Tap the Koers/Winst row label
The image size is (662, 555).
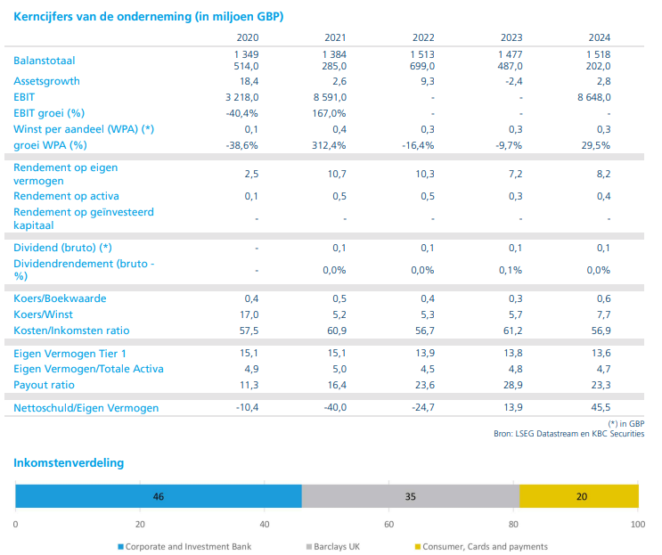pyautogui.click(x=44, y=314)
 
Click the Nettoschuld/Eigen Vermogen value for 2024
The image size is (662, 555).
pyautogui.click(x=600, y=408)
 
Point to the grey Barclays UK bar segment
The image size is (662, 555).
pyautogui.click(x=410, y=496)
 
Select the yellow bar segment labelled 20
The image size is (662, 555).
pyautogui.click(x=580, y=496)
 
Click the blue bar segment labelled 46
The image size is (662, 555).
pyautogui.click(x=159, y=496)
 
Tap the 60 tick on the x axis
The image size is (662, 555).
pyautogui.click(x=388, y=524)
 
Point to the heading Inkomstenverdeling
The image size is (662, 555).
pyautogui.click(x=69, y=463)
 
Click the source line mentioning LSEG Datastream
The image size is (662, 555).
pyautogui.click(x=568, y=433)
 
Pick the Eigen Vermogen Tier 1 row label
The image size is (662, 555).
pyautogui.click(x=69, y=354)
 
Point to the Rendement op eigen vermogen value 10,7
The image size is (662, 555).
pyautogui.click(x=336, y=174)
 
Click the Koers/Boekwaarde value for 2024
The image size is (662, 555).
pyautogui.click(x=603, y=298)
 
